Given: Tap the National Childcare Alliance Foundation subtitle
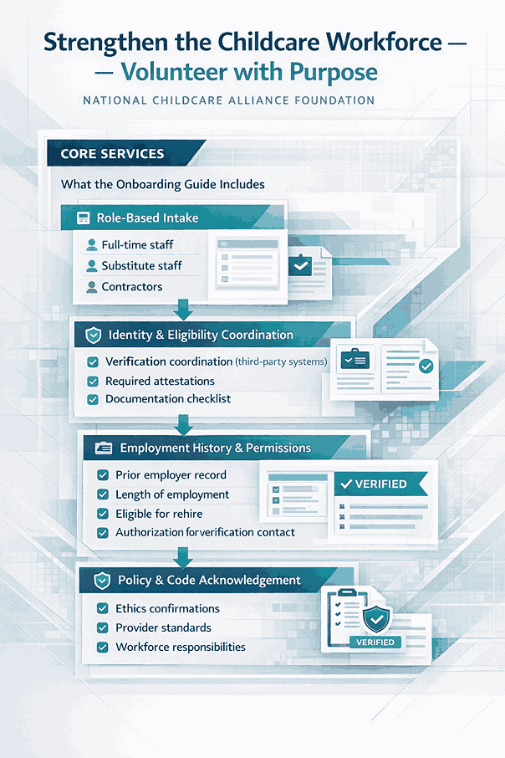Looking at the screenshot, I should [228, 100].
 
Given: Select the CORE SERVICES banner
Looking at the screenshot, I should [112, 154].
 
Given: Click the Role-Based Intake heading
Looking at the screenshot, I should [147, 218].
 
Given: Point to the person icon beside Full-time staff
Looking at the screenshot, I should [92, 245].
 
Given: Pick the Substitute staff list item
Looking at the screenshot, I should [141, 266].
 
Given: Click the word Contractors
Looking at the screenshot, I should [131, 287].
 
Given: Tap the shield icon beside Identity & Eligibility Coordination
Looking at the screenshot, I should [92, 335].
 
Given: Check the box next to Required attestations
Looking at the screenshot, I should [93, 381].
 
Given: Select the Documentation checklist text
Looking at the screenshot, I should [168, 399].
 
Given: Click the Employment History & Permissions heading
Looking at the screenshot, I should [215, 448].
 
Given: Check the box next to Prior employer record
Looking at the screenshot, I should [103, 474].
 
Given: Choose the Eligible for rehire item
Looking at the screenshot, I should [159, 514].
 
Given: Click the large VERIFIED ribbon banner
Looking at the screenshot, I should [380, 484].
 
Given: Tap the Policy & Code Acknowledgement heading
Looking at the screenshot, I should [208, 580].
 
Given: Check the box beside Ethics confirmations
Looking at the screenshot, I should [103, 608].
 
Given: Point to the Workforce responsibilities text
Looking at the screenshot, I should [181, 647].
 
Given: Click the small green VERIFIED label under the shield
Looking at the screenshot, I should [375, 643].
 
